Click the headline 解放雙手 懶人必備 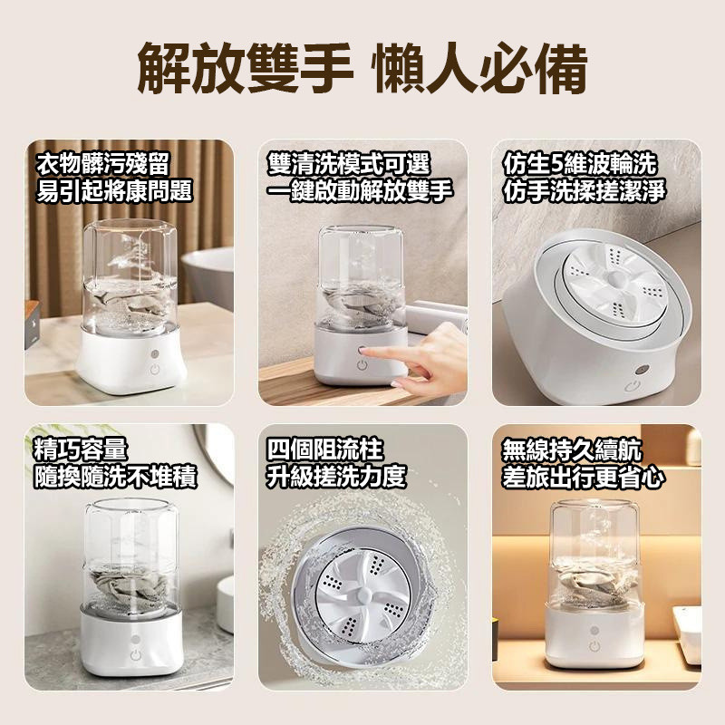pyautogui.click(x=362, y=69)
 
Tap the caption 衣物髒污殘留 pyautogui.click(x=103, y=163)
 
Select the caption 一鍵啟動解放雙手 pyautogui.click(x=360, y=190)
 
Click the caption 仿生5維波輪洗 pyautogui.click(x=580, y=163)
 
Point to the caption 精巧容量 pyautogui.click(x=81, y=449)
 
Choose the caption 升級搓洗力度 pyautogui.click(x=336, y=477)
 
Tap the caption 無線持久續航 pyautogui.click(x=572, y=449)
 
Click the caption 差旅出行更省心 pyautogui.click(x=584, y=477)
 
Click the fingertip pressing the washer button pyautogui.click(x=364, y=351)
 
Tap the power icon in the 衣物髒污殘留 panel pyautogui.click(x=155, y=370)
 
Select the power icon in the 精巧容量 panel pyautogui.click(x=135, y=654)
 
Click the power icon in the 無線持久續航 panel pyautogui.click(x=595, y=646)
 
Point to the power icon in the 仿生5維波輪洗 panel pyautogui.click(x=630, y=387)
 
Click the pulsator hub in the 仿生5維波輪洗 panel pyautogui.click(x=617, y=279)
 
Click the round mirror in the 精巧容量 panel pyautogui.click(x=217, y=451)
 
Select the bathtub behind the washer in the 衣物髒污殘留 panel pyautogui.click(x=208, y=276)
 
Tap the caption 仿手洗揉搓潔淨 pyautogui.click(x=584, y=190)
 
